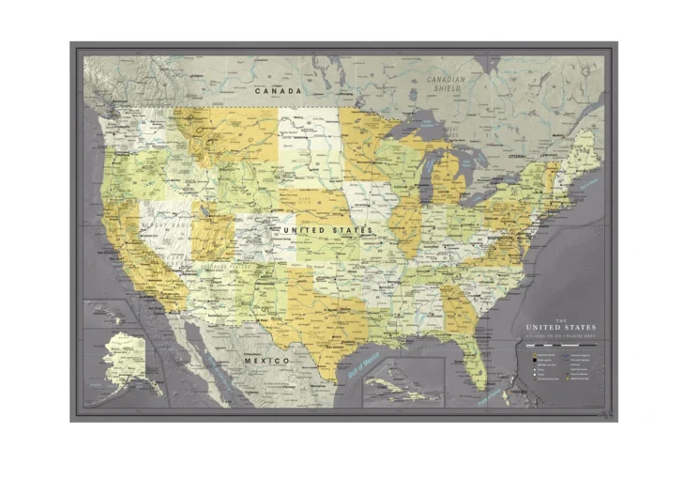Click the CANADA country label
279,91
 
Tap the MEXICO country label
266,361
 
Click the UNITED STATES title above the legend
559,327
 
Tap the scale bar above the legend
559,346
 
